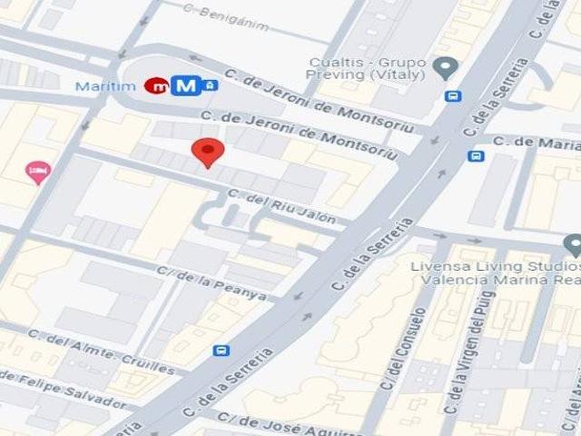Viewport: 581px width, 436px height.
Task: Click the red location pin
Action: pos(209,153)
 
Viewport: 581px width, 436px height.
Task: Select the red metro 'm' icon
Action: pos(156,86)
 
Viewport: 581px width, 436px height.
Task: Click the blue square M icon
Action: pos(186,86)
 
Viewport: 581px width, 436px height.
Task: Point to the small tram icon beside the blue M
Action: pos(210,85)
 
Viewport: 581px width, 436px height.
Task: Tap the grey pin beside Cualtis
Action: pos(445,66)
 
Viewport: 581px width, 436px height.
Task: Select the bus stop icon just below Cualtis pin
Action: pos(452,95)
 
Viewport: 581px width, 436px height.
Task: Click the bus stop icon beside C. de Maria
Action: pos(476,155)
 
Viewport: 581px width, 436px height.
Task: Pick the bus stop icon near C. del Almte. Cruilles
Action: pos(221,351)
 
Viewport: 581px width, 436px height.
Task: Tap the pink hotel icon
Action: pos(37,171)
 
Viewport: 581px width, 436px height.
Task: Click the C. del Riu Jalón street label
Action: pos(281,206)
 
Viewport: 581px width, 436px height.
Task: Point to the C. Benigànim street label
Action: pos(225,17)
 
